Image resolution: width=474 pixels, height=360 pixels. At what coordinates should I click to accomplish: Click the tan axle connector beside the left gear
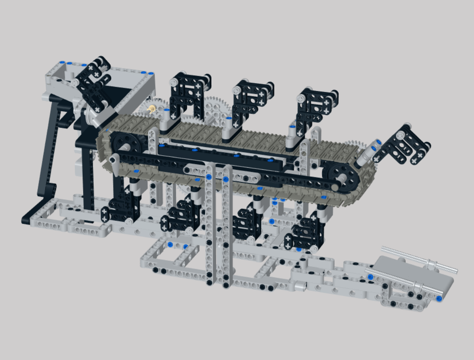pyautogui.click(x=152, y=109)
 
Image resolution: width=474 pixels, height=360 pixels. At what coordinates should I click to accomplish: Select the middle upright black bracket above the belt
pyautogui.click(x=251, y=100)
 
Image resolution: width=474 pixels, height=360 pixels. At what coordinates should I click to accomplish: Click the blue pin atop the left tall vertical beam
pyautogui.click(x=208, y=177)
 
